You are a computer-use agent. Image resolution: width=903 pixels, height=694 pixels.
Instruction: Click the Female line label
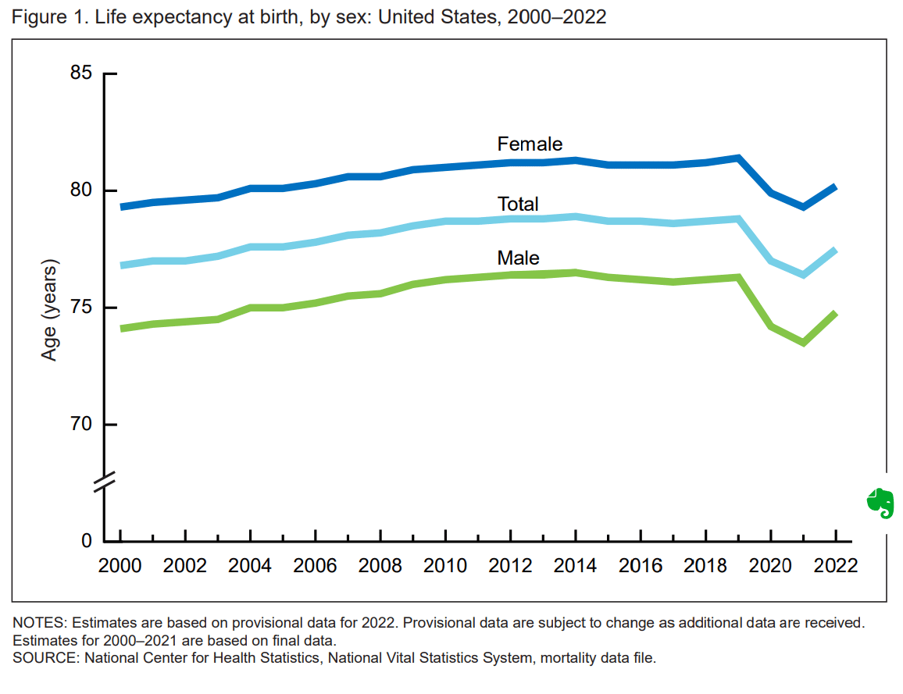530,144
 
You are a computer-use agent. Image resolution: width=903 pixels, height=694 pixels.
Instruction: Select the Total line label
518,205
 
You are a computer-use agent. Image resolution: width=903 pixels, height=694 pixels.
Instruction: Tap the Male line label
518,258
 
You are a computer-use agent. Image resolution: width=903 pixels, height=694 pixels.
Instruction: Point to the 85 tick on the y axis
82,73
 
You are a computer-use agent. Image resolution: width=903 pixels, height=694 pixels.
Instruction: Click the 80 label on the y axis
82,190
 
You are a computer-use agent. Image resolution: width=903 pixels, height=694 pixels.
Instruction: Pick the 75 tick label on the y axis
82,308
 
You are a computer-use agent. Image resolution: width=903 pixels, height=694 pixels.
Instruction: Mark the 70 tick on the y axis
82,425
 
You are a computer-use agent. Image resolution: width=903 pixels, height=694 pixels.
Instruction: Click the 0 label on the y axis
87,542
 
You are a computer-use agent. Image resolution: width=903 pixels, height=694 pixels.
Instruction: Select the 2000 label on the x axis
120,565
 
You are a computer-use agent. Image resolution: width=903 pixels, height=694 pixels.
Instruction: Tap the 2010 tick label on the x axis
445,565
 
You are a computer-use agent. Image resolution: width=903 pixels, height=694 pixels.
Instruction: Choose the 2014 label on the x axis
575,565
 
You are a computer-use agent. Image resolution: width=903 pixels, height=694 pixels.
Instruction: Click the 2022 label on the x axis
836,565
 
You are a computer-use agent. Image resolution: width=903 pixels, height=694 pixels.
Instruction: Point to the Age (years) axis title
49,309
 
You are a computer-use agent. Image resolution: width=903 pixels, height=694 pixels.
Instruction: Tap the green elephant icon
880,504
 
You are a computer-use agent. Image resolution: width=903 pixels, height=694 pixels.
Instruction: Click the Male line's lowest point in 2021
803,343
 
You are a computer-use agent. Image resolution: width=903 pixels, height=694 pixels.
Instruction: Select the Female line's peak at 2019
738,158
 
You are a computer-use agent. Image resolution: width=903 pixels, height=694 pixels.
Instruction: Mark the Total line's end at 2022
835,250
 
